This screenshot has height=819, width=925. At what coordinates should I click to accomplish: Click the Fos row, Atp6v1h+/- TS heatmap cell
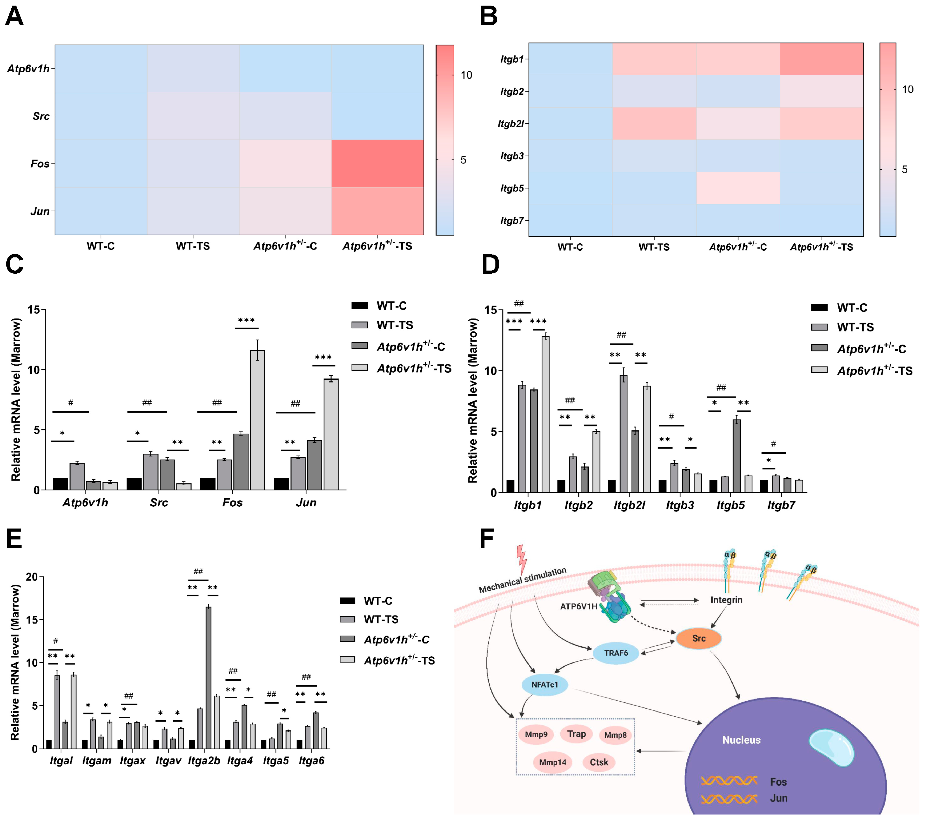(x=378, y=163)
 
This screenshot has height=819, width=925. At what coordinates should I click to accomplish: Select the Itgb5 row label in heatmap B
(x=512, y=188)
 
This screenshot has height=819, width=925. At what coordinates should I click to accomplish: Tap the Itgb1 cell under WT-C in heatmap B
(x=570, y=59)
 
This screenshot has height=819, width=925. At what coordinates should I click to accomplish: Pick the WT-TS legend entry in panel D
(x=855, y=327)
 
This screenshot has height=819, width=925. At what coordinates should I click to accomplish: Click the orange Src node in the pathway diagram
(x=698, y=638)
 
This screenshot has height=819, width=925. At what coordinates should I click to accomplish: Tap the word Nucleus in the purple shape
(x=741, y=740)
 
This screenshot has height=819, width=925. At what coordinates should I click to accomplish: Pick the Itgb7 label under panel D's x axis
(x=781, y=505)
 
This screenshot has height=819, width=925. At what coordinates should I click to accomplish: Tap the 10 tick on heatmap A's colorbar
(x=466, y=75)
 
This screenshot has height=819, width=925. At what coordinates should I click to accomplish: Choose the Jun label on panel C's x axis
(x=306, y=502)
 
